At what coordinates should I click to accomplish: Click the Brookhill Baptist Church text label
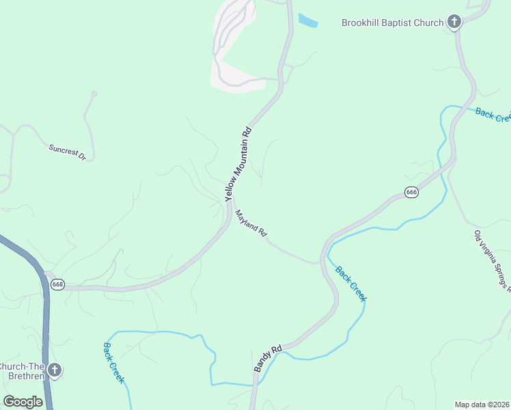[x=392, y=23]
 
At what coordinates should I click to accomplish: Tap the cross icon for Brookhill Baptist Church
[x=454, y=22]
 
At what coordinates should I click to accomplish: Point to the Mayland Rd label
[x=251, y=223]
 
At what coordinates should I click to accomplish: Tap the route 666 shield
[x=411, y=193]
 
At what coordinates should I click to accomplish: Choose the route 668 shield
[x=57, y=284]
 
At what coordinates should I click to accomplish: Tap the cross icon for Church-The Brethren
[x=55, y=370]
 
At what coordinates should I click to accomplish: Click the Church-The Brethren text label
[x=22, y=370]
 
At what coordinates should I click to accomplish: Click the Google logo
[x=23, y=402]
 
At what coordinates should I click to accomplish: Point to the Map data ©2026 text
[x=482, y=404]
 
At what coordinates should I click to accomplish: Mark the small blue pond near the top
[x=308, y=20]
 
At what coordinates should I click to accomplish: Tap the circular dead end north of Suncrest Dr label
[x=94, y=94]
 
